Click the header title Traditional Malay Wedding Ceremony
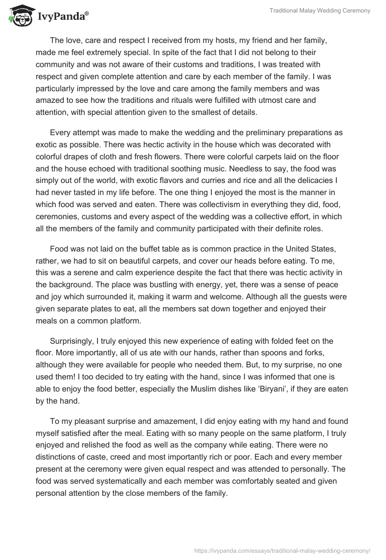(319, 11)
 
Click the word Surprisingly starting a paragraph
(73, 341)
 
